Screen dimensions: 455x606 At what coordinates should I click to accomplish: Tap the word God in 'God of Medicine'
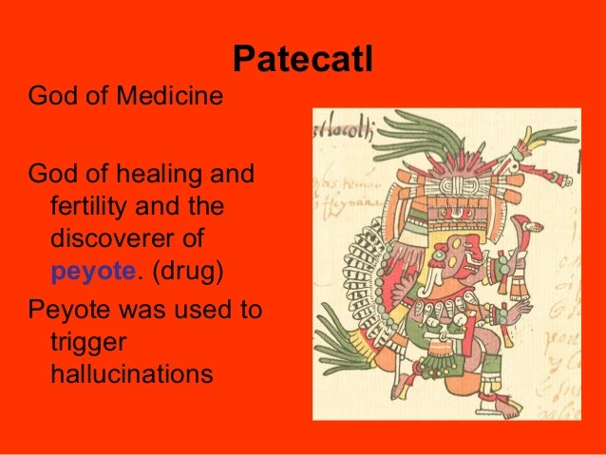pyautogui.click(x=52, y=96)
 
